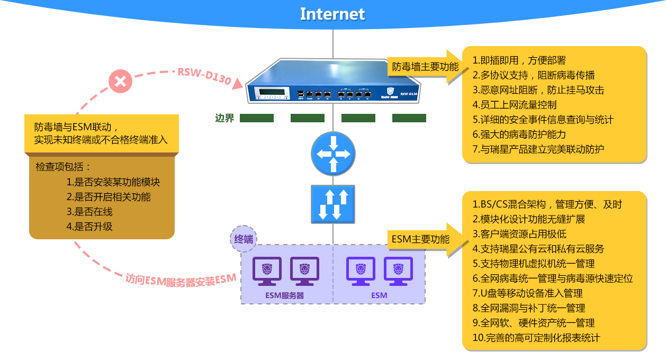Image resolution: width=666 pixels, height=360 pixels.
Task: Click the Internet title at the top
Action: tap(332, 14)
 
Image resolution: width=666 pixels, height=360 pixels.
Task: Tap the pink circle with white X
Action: tap(120, 82)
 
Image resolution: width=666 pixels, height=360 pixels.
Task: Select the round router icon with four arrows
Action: tap(333, 154)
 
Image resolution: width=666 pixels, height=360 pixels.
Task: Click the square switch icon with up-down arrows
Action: tap(333, 204)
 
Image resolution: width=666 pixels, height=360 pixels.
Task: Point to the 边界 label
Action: tap(224, 118)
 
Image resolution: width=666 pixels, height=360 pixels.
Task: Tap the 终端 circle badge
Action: tap(244, 239)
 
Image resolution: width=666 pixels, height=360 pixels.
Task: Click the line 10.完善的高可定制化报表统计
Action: tap(536, 337)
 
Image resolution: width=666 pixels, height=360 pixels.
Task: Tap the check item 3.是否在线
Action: tap(89, 212)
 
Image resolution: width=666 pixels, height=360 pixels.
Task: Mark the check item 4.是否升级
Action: tap(89, 227)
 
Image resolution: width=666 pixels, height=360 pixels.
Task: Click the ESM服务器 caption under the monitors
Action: tap(285, 295)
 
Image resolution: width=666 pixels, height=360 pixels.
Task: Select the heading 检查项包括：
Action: tap(64, 167)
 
